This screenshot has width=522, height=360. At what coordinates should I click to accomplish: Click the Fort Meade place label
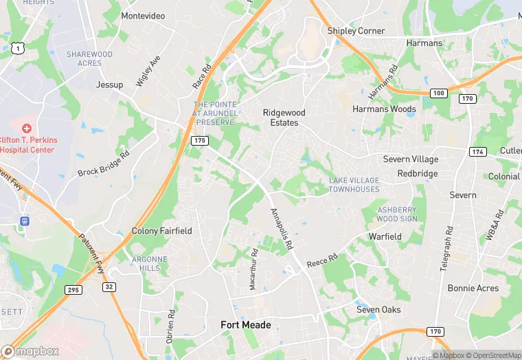tap(245, 325)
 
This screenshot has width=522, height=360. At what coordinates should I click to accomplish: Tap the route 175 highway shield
tap(199, 140)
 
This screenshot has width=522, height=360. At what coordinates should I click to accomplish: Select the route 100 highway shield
tap(439, 93)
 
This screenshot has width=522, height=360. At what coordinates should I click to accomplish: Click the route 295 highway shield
tap(73, 290)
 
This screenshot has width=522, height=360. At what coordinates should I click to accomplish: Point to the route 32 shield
tap(109, 286)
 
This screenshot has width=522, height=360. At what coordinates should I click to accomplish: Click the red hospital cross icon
tap(27, 128)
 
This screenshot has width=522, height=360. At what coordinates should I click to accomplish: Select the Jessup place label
tap(110, 85)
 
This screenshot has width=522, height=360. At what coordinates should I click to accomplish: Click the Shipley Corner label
tap(356, 31)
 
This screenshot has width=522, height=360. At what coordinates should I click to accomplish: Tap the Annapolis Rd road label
tap(282, 229)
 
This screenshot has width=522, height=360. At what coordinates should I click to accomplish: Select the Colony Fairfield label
tap(162, 231)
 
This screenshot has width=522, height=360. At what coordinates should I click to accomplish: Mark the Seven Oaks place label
tap(378, 310)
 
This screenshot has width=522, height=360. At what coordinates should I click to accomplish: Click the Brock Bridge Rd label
tap(104, 164)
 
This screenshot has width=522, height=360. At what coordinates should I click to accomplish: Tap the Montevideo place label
tap(143, 16)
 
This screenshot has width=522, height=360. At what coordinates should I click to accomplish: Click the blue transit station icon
tap(24, 221)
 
